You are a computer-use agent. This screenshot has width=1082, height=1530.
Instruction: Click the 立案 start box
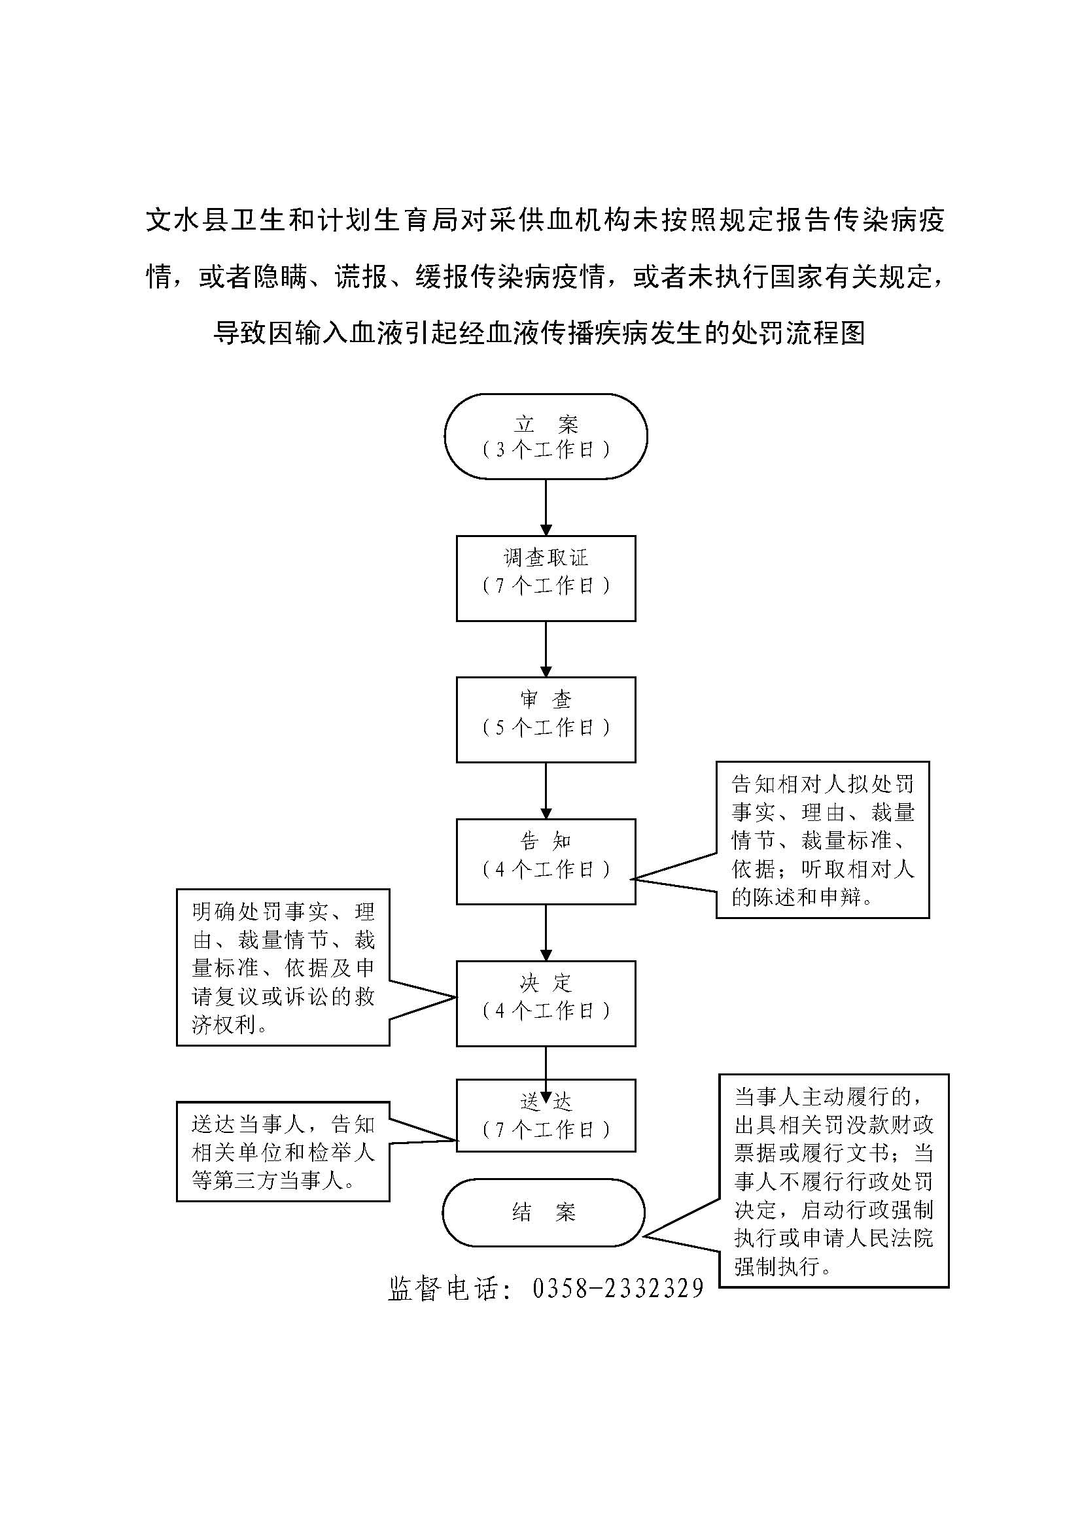[x=546, y=436]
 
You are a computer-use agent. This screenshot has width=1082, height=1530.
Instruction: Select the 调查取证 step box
[x=546, y=578]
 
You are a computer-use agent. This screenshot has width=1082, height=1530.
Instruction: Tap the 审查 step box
[x=546, y=720]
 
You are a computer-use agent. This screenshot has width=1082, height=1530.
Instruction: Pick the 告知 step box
[x=546, y=861]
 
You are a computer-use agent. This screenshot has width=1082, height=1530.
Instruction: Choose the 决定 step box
[x=546, y=1003]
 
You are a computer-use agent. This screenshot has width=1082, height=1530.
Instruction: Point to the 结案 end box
[x=544, y=1212]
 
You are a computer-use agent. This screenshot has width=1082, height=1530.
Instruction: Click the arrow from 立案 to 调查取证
[x=546, y=507]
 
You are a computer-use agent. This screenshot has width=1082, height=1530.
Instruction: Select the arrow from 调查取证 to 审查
[x=546, y=649]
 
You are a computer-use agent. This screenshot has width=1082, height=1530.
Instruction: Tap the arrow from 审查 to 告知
[x=546, y=791]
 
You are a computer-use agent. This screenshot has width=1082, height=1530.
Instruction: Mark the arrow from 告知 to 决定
[x=546, y=932]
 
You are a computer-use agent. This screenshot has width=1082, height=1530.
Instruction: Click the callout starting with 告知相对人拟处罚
[x=822, y=840]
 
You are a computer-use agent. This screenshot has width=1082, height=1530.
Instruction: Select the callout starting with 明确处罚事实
[x=283, y=967]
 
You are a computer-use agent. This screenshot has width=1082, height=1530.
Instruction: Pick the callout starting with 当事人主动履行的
[x=833, y=1180]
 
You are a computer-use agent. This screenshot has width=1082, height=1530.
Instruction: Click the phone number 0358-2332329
[x=618, y=1288]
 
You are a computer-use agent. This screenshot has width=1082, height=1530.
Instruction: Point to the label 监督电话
[x=443, y=1288]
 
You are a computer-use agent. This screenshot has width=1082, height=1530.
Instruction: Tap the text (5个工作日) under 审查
[x=546, y=727]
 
